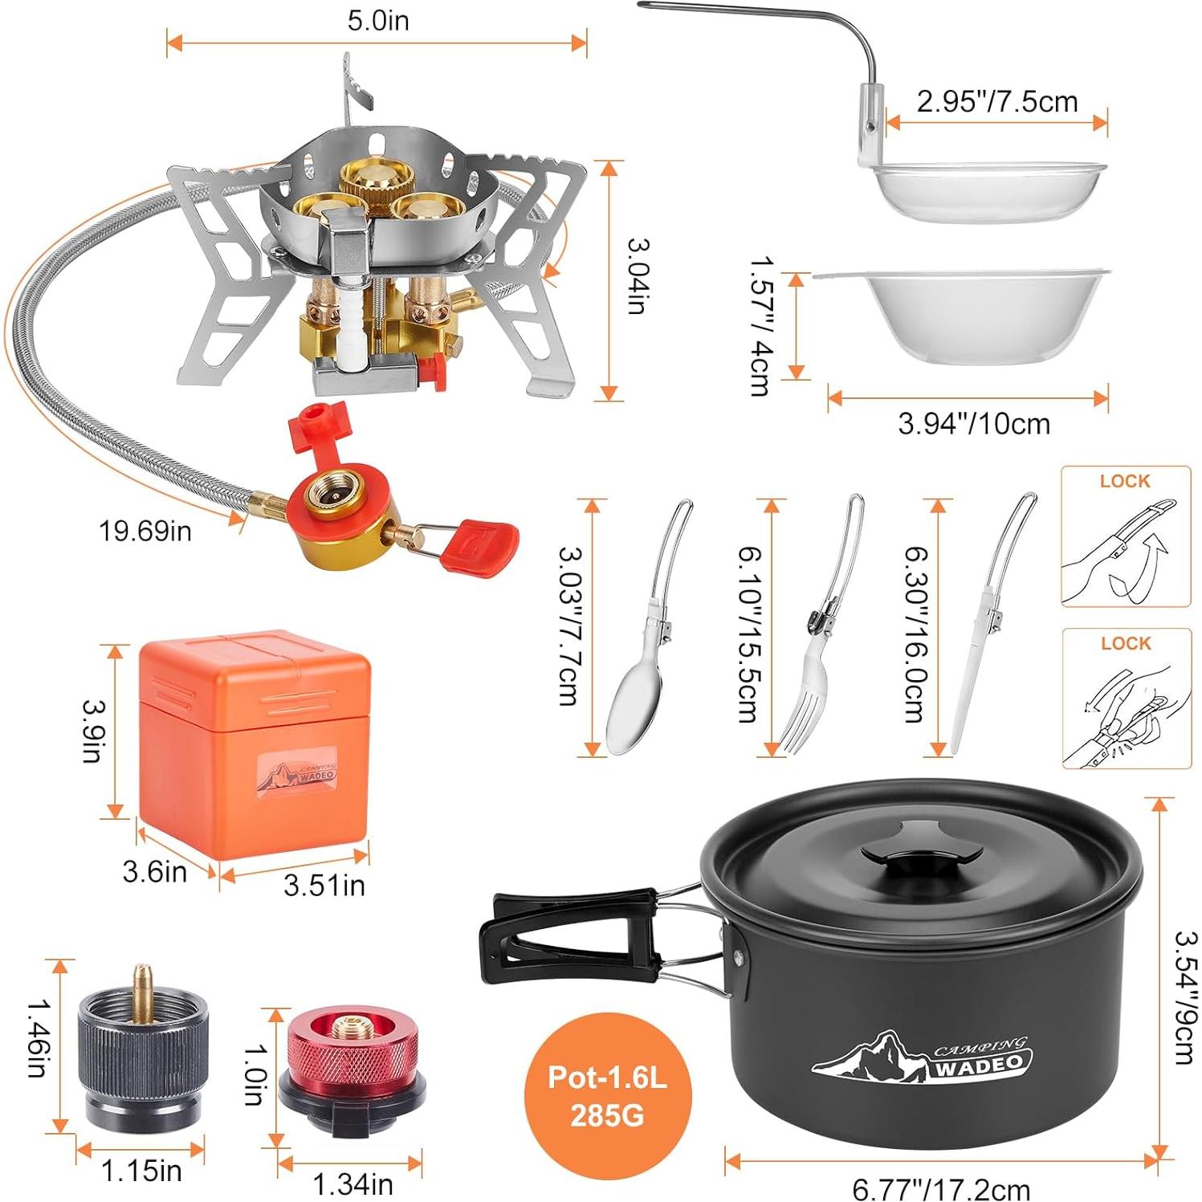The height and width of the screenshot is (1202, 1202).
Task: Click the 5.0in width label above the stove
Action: [377, 21]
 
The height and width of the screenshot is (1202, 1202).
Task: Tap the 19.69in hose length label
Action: [145, 531]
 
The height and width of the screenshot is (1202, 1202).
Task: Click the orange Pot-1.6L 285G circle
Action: [607, 1096]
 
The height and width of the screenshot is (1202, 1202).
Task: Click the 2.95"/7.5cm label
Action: [997, 102]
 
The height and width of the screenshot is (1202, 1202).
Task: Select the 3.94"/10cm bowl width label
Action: [974, 423]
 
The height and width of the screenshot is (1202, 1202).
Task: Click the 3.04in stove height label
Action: [638, 276]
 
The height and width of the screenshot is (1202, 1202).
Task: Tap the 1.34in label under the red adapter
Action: [352, 1184]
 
